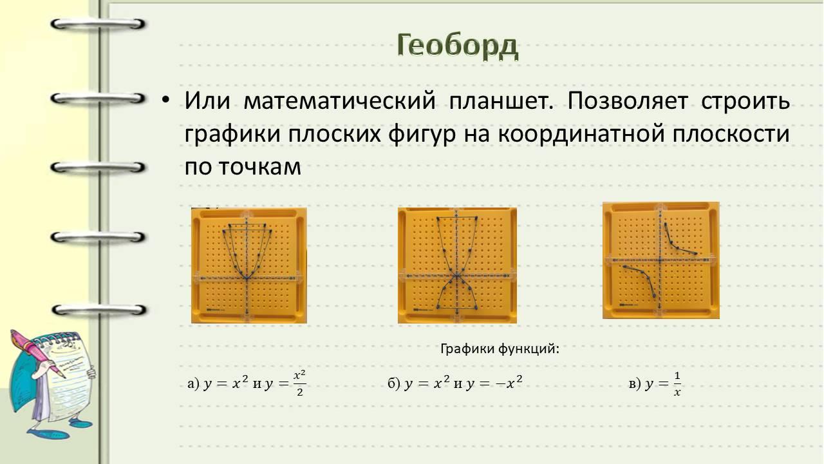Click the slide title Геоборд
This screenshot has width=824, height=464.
point(458,46)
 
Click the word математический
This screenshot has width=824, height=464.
point(339,100)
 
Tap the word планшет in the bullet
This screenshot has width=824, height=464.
point(501,100)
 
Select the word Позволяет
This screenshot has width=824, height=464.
point(628,100)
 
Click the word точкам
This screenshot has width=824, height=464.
point(260,167)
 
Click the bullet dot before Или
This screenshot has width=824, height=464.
point(166,100)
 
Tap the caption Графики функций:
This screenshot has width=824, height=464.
point(500,349)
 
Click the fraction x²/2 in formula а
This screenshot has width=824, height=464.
point(300,383)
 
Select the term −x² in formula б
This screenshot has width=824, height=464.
point(509,383)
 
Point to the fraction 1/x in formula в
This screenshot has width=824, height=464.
point(677,383)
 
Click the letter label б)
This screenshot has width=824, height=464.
point(394,383)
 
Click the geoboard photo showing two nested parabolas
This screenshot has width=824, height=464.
point(249,266)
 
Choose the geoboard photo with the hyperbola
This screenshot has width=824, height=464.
point(661,260)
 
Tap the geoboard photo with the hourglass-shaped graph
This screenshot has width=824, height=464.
point(457,266)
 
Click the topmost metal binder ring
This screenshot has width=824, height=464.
point(98,24)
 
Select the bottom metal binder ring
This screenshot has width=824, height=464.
point(98,310)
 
